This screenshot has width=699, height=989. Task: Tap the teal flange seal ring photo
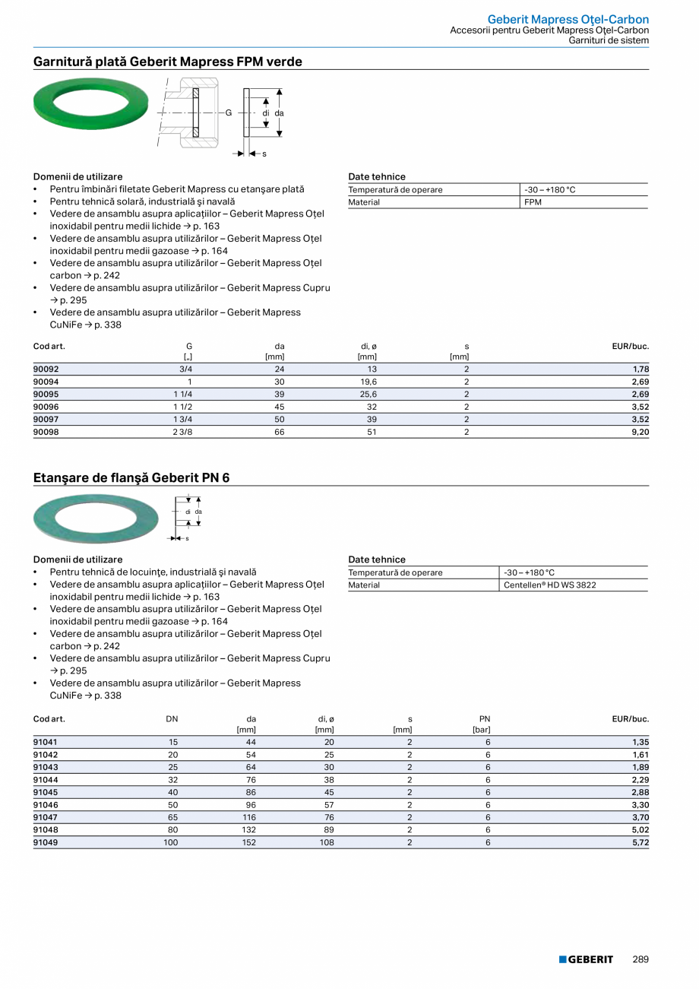coord(96,519)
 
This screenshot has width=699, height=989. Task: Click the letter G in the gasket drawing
coord(228,113)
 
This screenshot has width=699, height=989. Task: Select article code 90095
coord(46,395)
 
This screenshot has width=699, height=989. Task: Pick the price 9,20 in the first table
coord(640,432)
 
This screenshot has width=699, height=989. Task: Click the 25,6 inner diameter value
coord(368,395)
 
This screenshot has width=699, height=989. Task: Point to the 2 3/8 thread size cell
coord(182,432)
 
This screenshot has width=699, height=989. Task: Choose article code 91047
coord(46,817)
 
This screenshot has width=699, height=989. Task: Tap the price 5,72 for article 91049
coord(640,842)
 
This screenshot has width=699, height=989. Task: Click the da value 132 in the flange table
coord(248,830)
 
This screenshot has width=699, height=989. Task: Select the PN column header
coord(485,718)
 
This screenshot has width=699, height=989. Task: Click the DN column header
coord(172,718)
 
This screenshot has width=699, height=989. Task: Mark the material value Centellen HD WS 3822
coord(539,585)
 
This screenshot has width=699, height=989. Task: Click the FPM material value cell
coord(533,202)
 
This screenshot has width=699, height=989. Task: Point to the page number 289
coord(640,959)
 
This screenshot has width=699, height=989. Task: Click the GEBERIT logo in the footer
coord(586,959)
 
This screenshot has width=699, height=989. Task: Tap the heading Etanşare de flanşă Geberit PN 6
coord(131,478)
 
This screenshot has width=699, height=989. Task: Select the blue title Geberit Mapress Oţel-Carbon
coord(568,19)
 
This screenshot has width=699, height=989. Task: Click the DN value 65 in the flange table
coord(172,817)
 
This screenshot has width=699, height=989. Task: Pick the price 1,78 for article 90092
coord(640,369)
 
